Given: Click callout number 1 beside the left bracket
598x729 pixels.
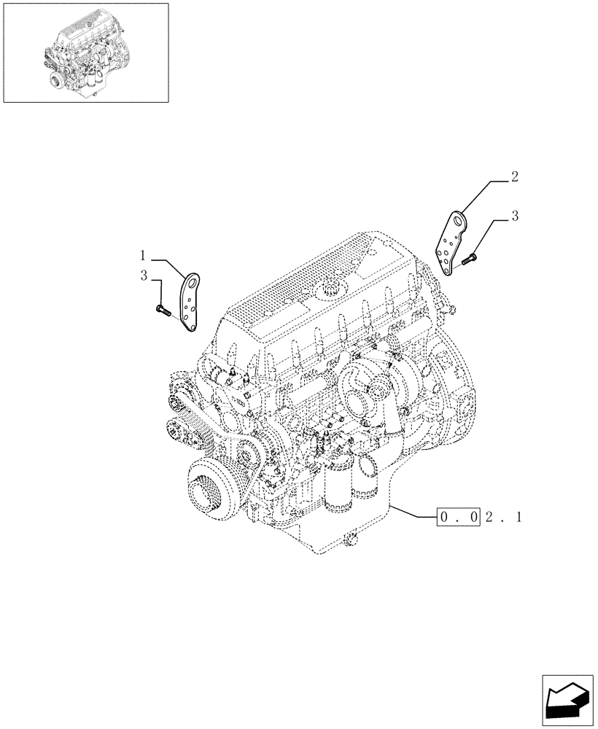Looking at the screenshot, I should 144,256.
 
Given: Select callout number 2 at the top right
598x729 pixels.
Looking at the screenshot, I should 516,176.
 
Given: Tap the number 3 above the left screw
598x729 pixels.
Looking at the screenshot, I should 144,276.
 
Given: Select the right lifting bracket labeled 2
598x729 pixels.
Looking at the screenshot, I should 451,243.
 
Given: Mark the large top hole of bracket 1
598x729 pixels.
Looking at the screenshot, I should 193,280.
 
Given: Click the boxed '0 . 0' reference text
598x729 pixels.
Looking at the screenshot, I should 457,518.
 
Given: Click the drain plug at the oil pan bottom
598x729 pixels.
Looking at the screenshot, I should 352,541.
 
